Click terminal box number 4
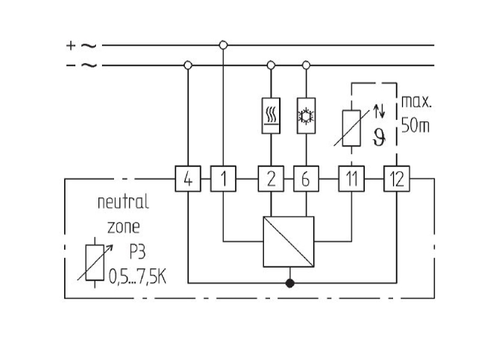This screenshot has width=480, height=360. point(188,179)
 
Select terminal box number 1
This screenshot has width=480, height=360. point(223,179)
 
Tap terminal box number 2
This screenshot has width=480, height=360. point(271,179)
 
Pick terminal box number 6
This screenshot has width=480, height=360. point(306,179)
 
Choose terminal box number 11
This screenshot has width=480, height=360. point(352,179)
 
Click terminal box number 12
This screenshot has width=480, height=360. point(397,179)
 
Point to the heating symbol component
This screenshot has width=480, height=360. point(271,116)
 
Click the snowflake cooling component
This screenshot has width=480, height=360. point(306,116)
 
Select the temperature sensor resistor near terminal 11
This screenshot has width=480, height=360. point(352,128)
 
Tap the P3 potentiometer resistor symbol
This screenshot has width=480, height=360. point(95,262)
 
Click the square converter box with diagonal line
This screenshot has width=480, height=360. point(289,242)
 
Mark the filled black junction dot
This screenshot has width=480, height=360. point(290,283)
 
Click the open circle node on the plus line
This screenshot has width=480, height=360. point(223,46)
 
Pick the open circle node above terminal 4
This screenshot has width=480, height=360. point(188,65)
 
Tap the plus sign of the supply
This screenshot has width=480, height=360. point(71,46)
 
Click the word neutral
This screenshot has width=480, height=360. point(123,202)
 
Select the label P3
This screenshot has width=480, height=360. point(137,252)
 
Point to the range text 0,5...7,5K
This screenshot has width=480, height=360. point(138,277)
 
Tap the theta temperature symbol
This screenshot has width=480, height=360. point(379,137)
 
